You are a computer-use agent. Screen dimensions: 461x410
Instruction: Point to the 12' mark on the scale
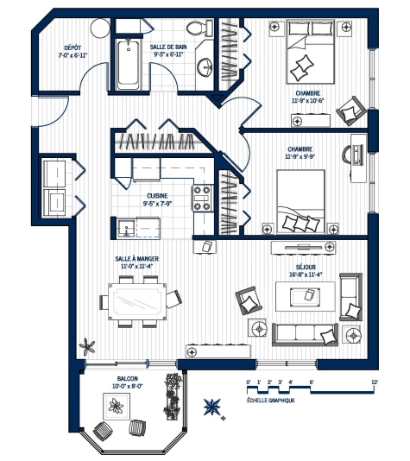pos(375,382)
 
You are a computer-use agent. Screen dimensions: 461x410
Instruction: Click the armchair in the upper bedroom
pos(352,111)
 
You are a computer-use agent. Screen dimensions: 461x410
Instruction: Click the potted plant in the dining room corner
pos(87,346)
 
